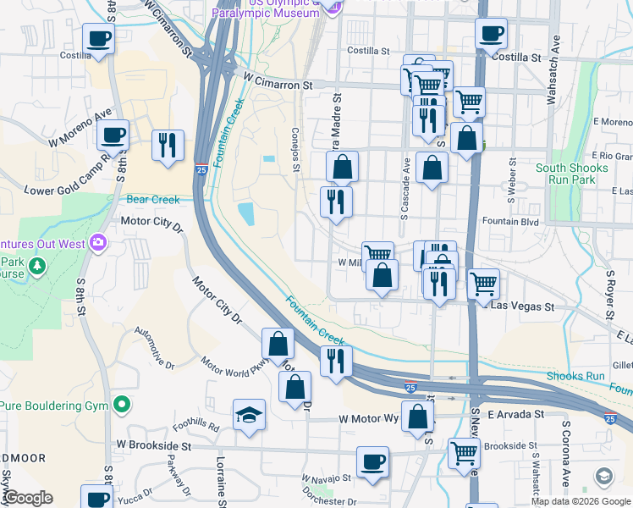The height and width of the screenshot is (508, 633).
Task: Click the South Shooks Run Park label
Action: coord(572,174)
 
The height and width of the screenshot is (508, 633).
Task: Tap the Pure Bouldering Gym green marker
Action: coord(122,406)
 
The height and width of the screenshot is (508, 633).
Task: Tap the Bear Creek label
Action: coord(153,200)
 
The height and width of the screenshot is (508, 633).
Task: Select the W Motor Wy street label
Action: coord(368,418)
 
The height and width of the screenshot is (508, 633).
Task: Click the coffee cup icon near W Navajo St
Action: coord(372,461)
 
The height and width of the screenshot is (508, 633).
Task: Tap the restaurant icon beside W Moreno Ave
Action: coord(167,145)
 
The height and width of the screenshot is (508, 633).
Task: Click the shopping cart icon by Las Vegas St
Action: coord(483,284)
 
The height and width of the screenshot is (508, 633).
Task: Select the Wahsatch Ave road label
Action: coord(554,58)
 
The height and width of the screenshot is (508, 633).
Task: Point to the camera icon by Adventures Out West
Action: coord(98,244)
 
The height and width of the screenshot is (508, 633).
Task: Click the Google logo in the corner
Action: coord(28,498)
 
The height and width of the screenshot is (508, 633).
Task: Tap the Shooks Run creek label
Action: coord(575,376)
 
